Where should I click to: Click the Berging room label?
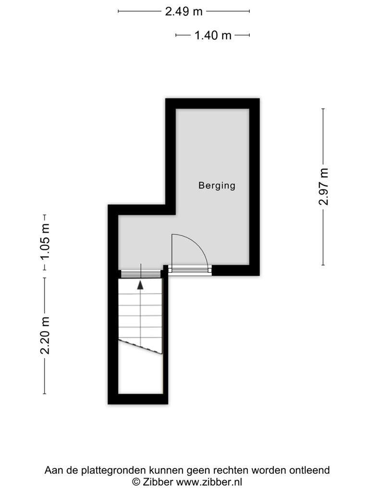[217, 185]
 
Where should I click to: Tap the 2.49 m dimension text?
[184, 12]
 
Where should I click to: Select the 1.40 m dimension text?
[213, 36]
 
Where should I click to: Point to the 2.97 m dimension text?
[323, 186]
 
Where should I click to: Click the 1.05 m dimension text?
[45, 241]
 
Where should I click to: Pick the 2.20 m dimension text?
[45, 336]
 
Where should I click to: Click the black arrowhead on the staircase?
[140, 285]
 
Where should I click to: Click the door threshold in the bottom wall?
[190, 269]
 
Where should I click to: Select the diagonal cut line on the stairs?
[140, 347]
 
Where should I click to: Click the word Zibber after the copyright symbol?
[158, 481]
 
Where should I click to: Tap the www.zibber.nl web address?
[209, 481]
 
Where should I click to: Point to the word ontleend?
[309, 470]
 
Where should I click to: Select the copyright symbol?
[136, 481]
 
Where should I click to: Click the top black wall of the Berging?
[212, 104]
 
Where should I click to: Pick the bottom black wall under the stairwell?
[138, 399]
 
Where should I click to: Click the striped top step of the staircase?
[141, 274]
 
